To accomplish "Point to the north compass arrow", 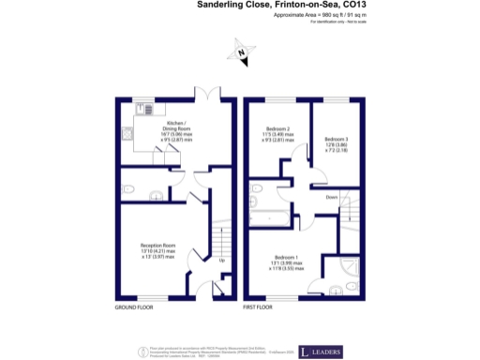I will click(241, 53).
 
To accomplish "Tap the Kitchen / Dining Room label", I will click(176, 127).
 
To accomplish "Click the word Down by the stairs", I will click(332, 197).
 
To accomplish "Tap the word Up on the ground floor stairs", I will click(221, 260).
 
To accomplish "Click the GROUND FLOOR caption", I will click(135, 307).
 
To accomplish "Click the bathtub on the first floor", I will click(272, 217).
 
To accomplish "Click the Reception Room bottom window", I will click(154, 298).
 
